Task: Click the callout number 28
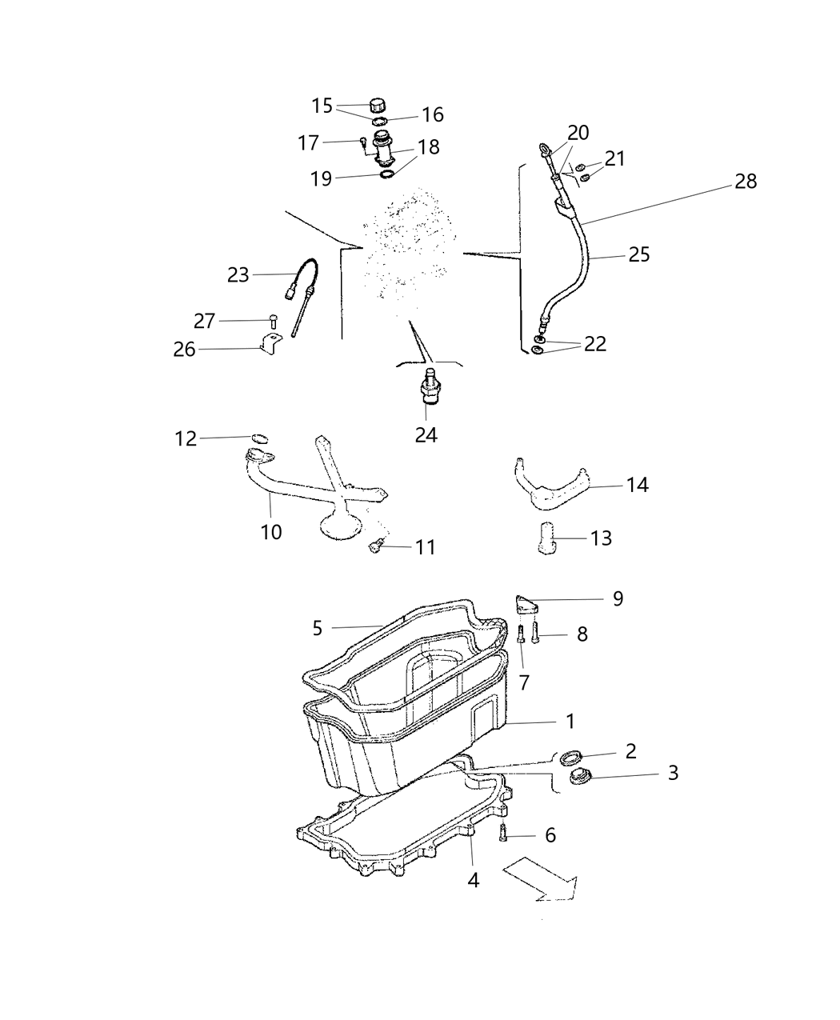(746, 182)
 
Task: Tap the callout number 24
(426, 435)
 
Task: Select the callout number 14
(638, 485)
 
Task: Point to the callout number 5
(318, 628)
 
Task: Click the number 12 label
(186, 438)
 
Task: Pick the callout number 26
(185, 350)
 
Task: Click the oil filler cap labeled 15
(378, 103)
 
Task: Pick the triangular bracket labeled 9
(525, 604)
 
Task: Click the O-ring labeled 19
(386, 174)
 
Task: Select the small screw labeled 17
(362, 144)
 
